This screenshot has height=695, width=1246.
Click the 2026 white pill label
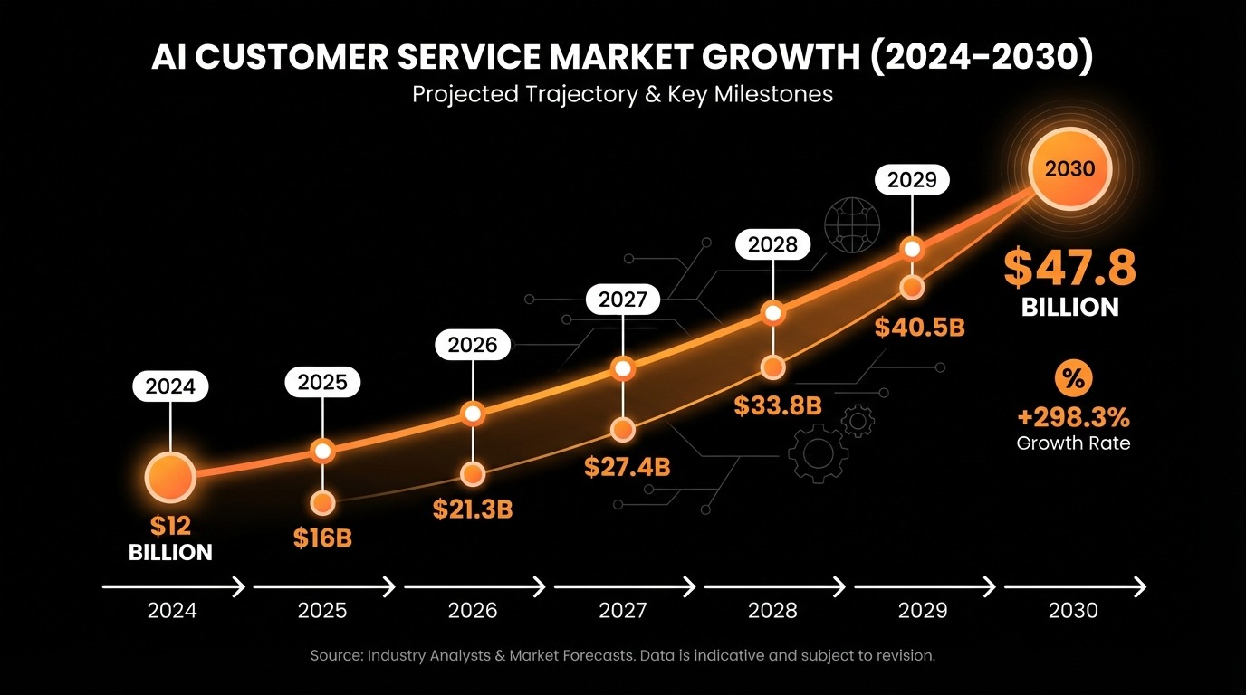pyautogui.click(x=473, y=345)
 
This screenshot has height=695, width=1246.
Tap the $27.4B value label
pyautogui.click(x=627, y=467)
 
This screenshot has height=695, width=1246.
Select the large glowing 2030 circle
pyautogui.click(x=1069, y=168)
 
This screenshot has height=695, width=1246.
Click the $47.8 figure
pyautogui.click(x=1069, y=268)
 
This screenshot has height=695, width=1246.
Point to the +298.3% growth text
pyautogui.click(x=1073, y=417)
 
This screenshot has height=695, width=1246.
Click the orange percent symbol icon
pyautogui.click(x=1073, y=379)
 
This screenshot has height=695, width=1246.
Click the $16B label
pyautogui.click(x=322, y=538)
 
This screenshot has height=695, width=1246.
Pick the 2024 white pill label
pyautogui.click(x=170, y=387)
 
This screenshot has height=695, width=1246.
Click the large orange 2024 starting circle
pyautogui.click(x=170, y=477)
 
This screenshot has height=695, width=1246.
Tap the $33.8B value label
pyautogui.click(x=777, y=406)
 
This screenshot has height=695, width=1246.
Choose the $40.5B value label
pyautogui.click(x=919, y=328)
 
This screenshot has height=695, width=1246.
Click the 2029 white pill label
pyautogui.click(x=912, y=180)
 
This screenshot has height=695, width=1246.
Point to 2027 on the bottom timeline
pyautogui.click(x=623, y=611)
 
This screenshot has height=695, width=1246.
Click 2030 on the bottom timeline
pyautogui.click(x=1073, y=611)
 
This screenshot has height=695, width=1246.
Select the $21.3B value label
pyautogui.click(x=473, y=509)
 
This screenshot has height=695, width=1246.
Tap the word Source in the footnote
pyautogui.click(x=335, y=655)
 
